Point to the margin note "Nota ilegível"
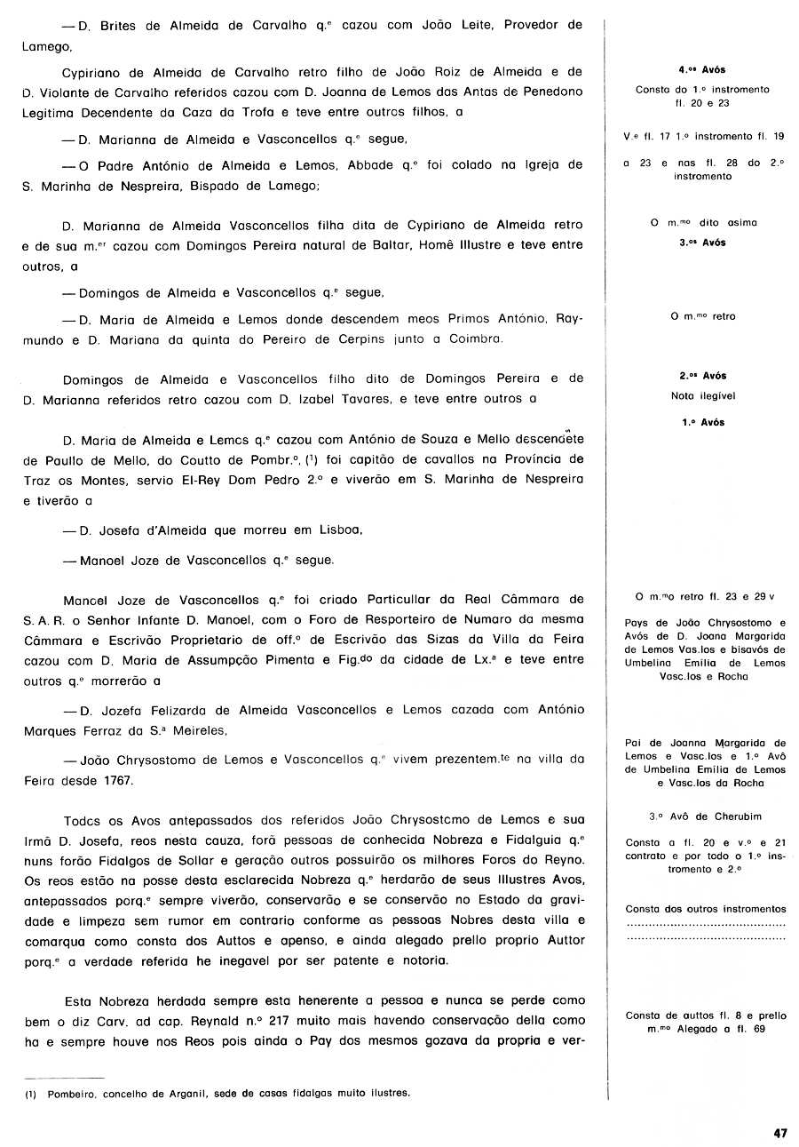tap(703, 396)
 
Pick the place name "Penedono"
tap(552, 92)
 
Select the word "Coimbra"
tap(476, 339)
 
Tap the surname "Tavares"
tap(364, 400)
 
